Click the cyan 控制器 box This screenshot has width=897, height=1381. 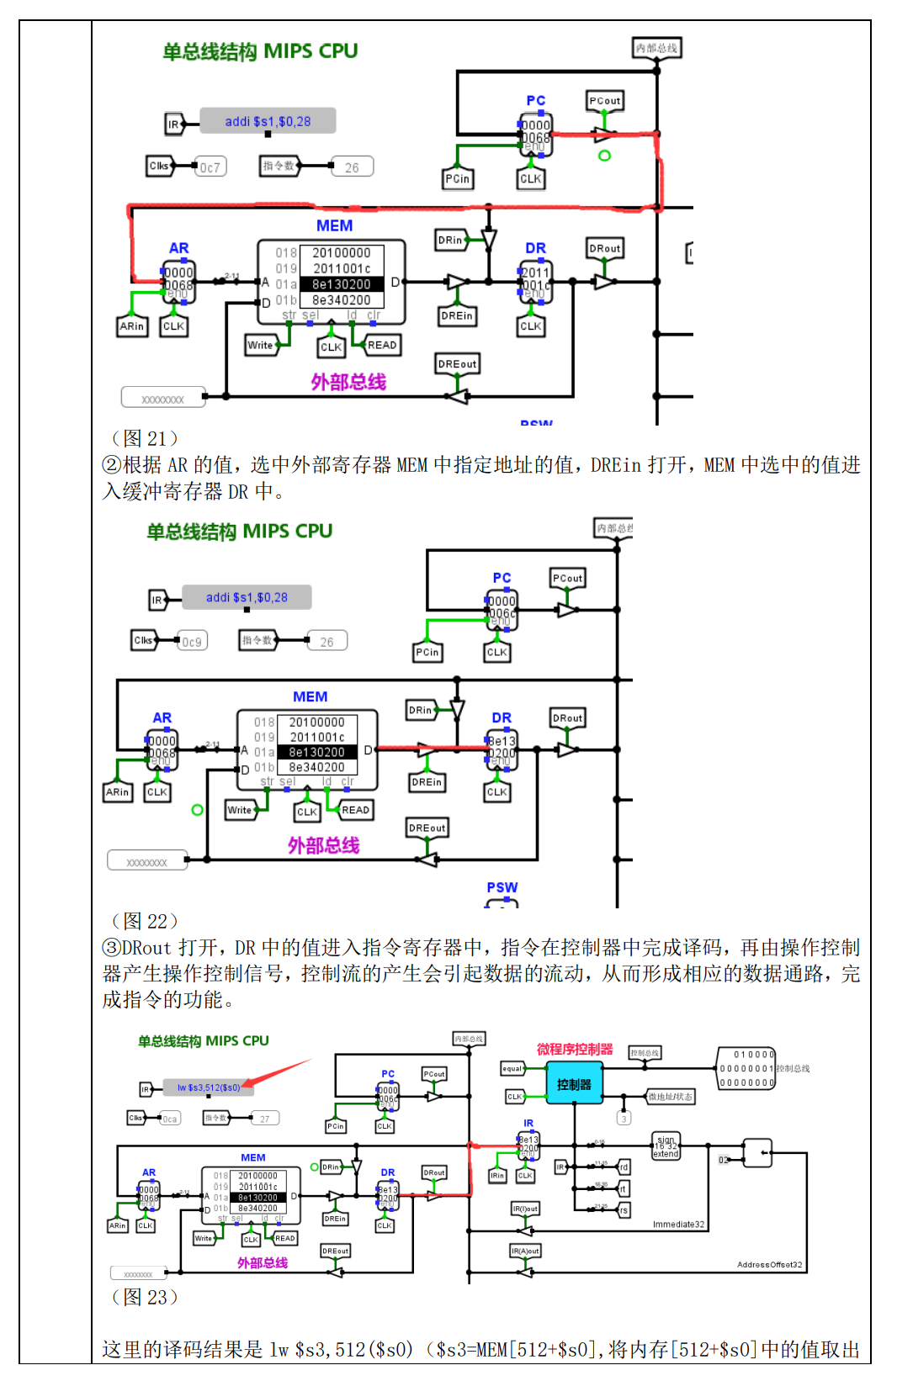pyautogui.click(x=574, y=1084)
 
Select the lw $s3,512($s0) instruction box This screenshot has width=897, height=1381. pyautogui.click(x=208, y=1087)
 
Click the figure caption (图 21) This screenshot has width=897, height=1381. pyautogui.click(x=145, y=438)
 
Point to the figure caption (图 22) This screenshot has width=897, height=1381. pyautogui.click(x=145, y=921)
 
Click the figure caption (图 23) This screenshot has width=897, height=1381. pyautogui.click(x=145, y=1297)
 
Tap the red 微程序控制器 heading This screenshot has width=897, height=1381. pyautogui.click(x=575, y=1049)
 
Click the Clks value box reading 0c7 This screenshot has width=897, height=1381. pyautogui.click(x=210, y=167)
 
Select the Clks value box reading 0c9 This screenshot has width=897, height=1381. pyautogui.click(x=192, y=642)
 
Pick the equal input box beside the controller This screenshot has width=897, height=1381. pyautogui.click(x=512, y=1069)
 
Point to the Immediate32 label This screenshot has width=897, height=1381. pyautogui.click(x=678, y=1224)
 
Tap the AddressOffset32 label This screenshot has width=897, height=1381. pyautogui.click(x=769, y=1264)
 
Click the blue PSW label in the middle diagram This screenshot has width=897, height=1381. pyautogui.click(x=502, y=887)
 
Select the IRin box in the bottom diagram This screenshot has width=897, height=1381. pyautogui.click(x=497, y=1176)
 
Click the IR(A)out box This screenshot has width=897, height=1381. pyautogui.click(x=525, y=1251)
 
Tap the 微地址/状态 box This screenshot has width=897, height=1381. pyautogui.click(x=670, y=1097)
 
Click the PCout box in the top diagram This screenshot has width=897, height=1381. pyautogui.click(x=604, y=101)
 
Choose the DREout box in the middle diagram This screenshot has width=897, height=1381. pyautogui.click(x=427, y=828)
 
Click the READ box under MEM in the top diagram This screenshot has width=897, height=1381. pyautogui.click(x=381, y=345)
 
